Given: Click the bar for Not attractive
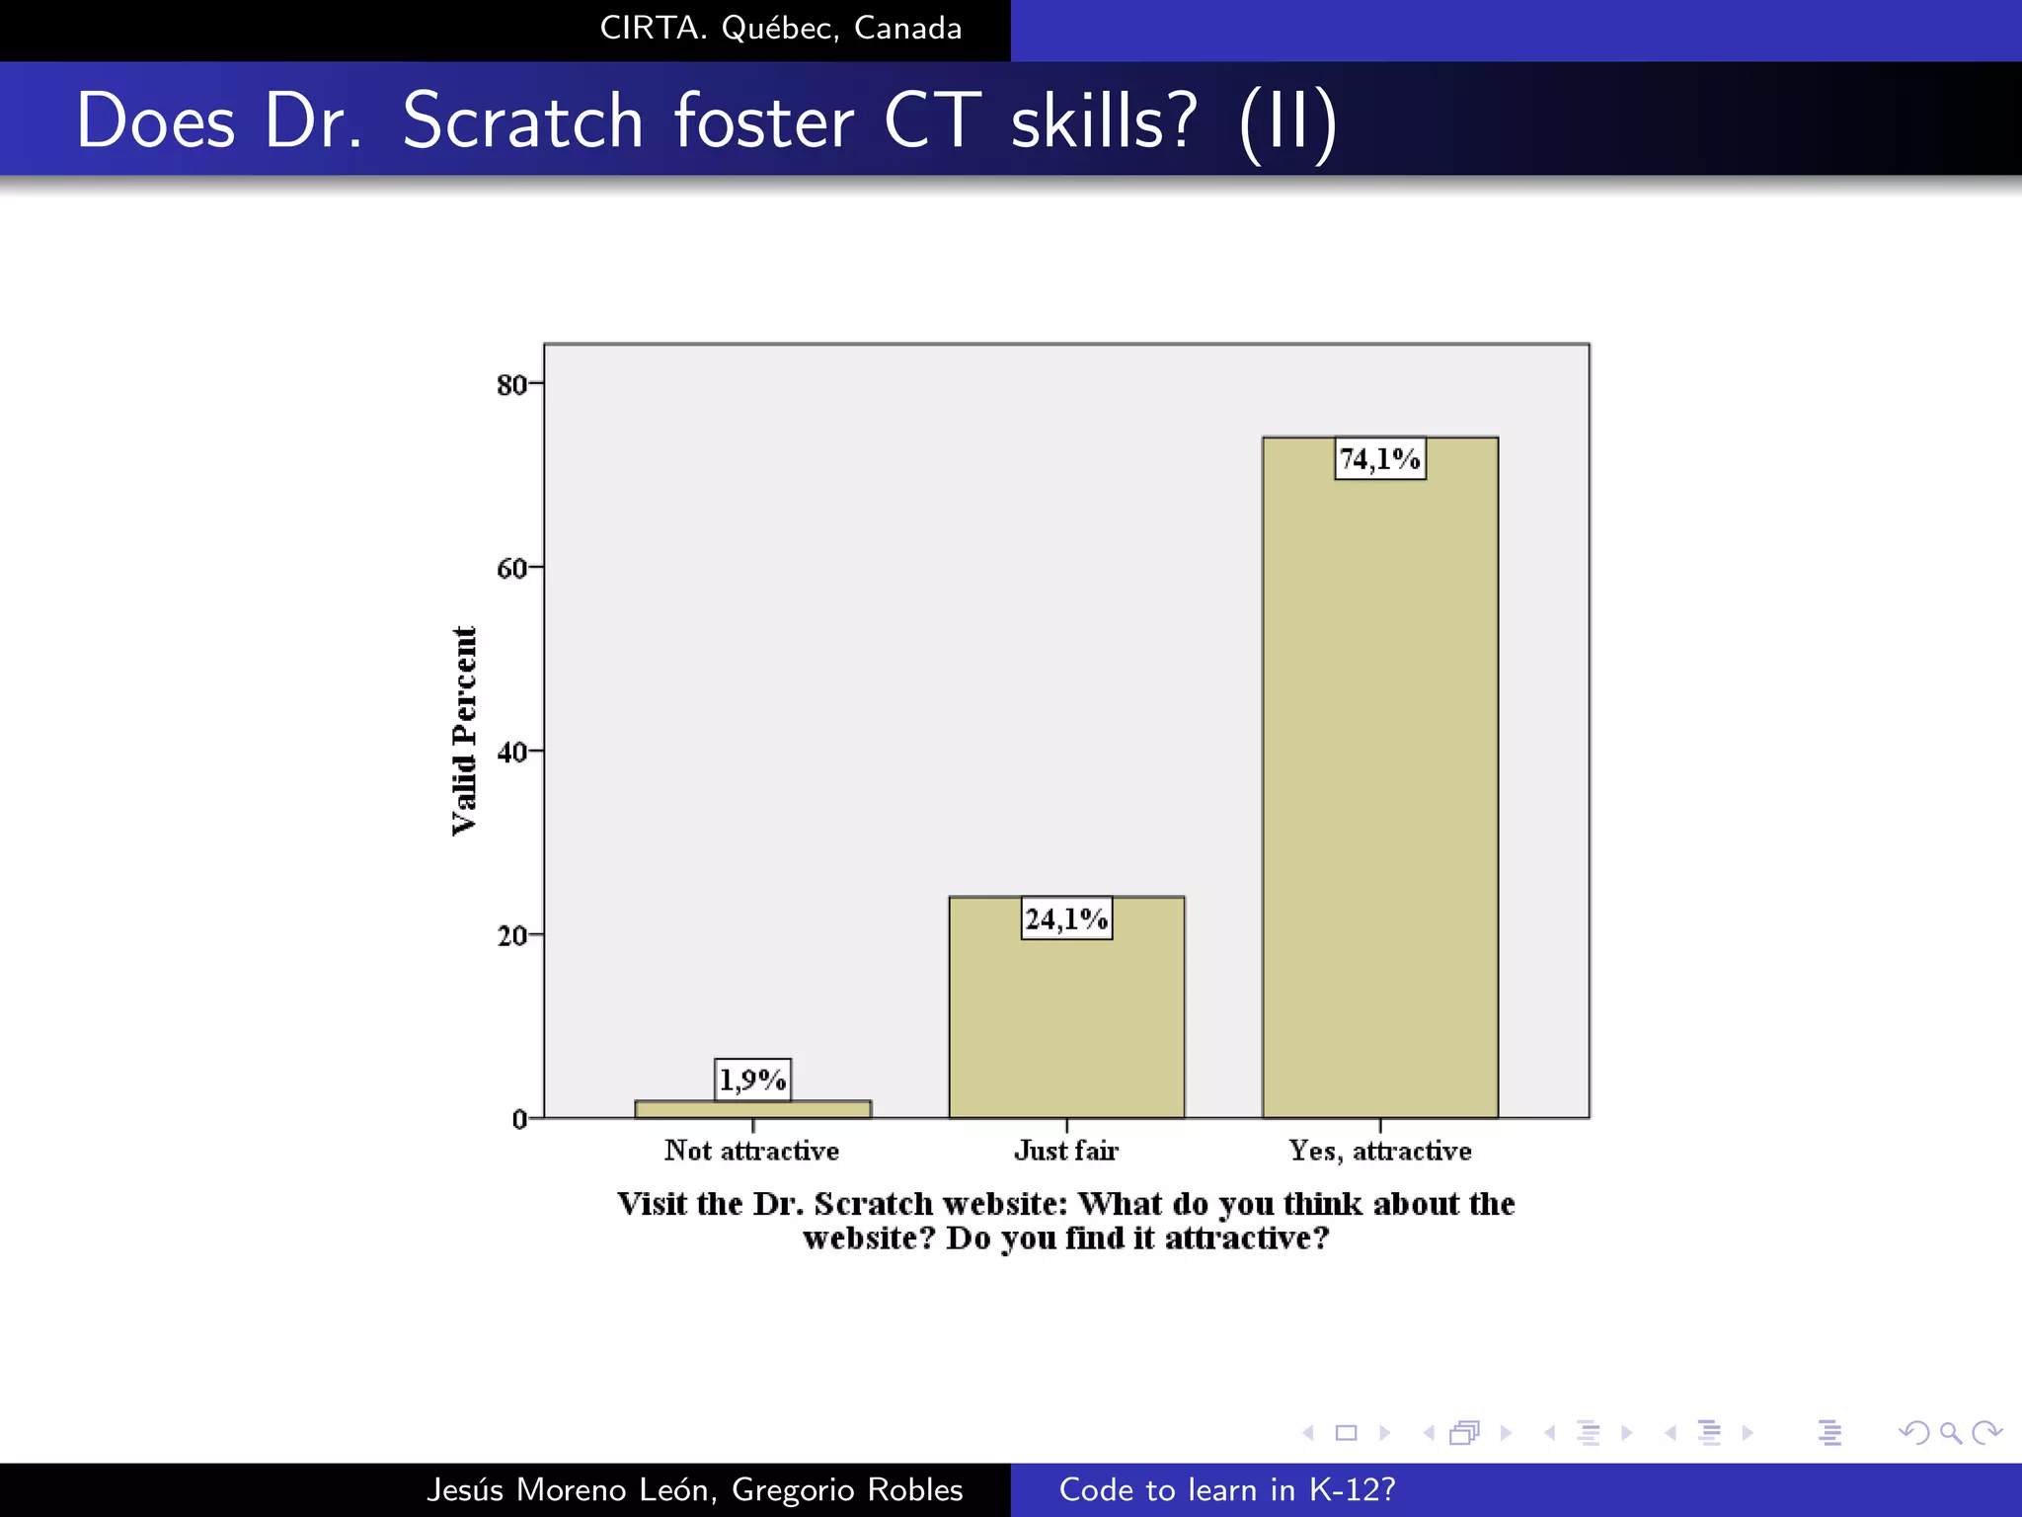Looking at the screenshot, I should (752, 1109).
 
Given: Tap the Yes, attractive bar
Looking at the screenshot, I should (1379, 790).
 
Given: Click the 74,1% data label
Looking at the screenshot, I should (1379, 459).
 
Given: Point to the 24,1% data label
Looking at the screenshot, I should (1066, 919).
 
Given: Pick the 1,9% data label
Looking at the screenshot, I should (752, 1079).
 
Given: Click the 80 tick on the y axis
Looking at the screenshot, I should (511, 384).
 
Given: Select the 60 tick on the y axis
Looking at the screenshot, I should (511, 568).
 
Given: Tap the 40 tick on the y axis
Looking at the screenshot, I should (511, 752).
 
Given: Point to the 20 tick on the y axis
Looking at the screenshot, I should (511, 935).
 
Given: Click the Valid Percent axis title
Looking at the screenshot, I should (464, 731).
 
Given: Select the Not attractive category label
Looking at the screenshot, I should (751, 1151).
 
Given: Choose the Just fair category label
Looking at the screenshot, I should (1066, 1151).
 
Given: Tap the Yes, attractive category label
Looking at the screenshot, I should (1379, 1151).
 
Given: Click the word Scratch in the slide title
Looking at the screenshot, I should (522, 120).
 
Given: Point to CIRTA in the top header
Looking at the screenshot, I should (653, 28).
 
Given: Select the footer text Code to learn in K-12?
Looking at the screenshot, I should (1227, 1489).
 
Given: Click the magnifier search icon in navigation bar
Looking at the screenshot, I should (1950, 1432).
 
